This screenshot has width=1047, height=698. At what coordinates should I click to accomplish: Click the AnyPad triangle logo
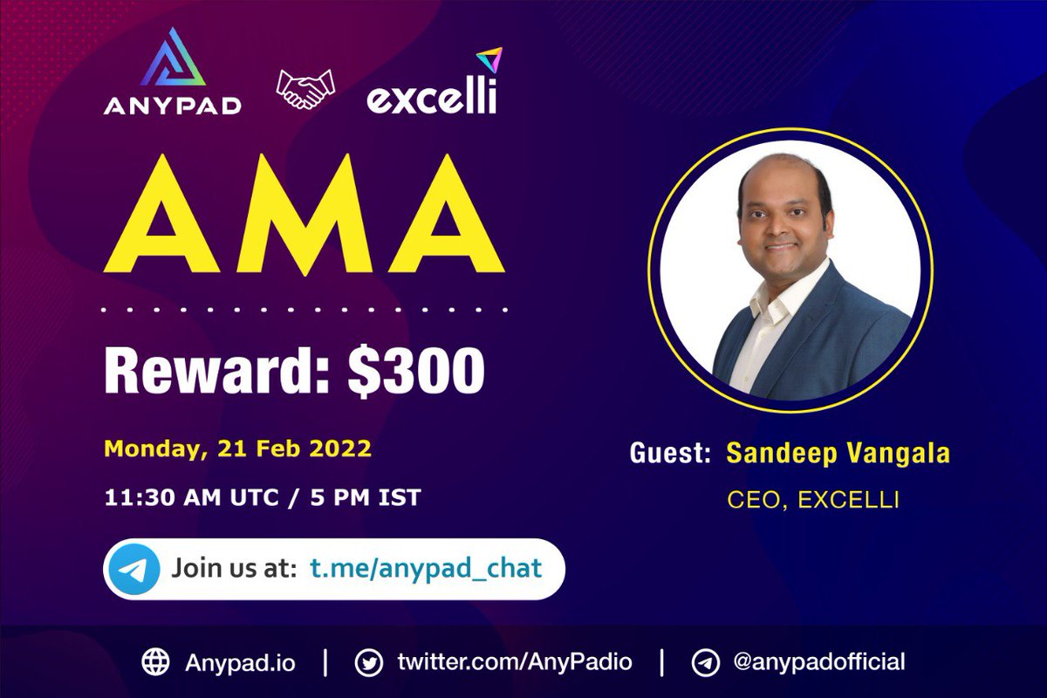tap(172, 61)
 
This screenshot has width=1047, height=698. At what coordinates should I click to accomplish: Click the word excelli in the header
tap(430, 98)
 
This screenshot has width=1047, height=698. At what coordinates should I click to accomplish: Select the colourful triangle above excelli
tap(488, 61)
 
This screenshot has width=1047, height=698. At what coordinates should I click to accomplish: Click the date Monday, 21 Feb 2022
tap(237, 449)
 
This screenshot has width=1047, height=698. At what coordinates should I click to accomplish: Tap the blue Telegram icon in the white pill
tap(135, 569)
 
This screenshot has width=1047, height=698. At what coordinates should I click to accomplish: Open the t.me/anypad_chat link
tap(426, 568)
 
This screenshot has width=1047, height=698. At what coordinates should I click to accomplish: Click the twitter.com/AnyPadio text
tap(513, 661)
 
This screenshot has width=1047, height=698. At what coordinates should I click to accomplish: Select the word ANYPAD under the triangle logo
tap(173, 106)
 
